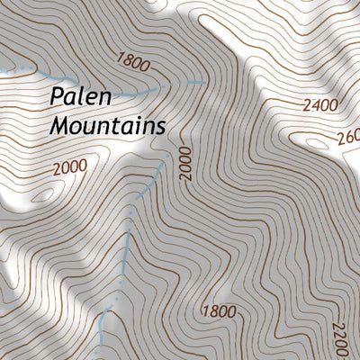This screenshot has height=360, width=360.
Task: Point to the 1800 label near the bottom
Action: pos(220,312)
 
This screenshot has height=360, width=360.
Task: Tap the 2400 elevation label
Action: pos(319,105)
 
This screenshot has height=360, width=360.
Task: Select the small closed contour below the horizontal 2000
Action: pos(43,193)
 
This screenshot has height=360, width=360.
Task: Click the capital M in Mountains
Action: pos(60,126)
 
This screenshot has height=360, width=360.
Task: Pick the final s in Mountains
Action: pos(160,127)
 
